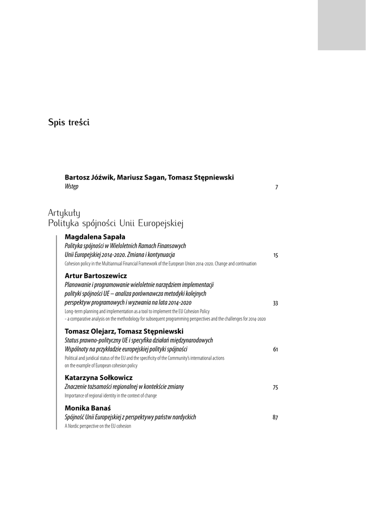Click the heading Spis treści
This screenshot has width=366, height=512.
click(x=68, y=122)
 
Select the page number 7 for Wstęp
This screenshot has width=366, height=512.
click(x=276, y=187)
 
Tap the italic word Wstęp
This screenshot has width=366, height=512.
click(x=71, y=186)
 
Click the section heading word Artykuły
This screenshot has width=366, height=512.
click(x=64, y=213)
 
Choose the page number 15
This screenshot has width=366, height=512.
click(x=275, y=255)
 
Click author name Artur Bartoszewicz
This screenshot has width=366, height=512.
click(x=95, y=275)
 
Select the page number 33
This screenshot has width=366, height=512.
click(x=275, y=303)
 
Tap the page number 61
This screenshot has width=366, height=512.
click(x=275, y=349)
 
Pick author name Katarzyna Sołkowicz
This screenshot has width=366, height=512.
click(x=98, y=377)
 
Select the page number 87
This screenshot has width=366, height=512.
click(x=275, y=417)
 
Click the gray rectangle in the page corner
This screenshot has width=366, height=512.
click(x=341, y=25)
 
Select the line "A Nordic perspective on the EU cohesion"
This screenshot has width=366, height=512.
click(x=98, y=426)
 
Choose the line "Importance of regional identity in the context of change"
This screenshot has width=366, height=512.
click(x=110, y=395)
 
